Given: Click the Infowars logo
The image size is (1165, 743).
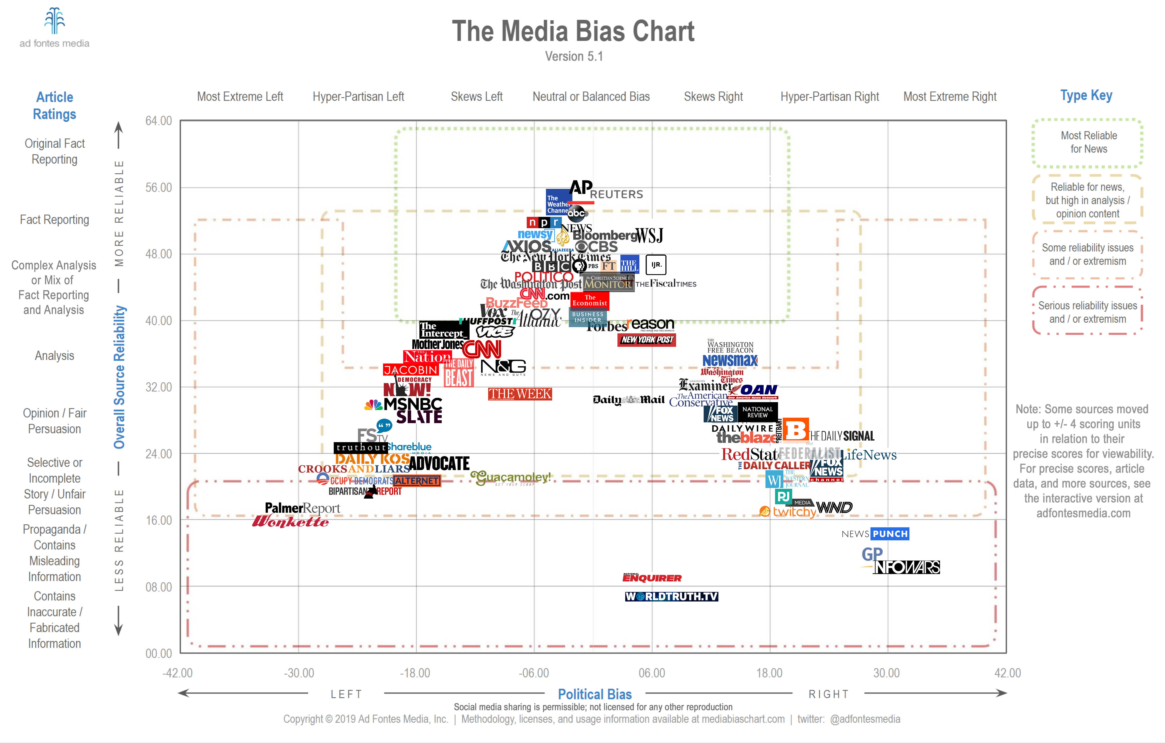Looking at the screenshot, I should [x=906, y=567].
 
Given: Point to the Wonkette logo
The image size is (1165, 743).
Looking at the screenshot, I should [x=290, y=521].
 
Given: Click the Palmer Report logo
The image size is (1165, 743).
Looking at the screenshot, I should [x=302, y=508].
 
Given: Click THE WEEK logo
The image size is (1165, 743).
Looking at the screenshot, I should [x=520, y=394].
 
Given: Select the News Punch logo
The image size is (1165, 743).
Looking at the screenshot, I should [x=875, y=534].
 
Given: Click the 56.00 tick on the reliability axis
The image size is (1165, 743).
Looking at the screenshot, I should [x=159, y=188].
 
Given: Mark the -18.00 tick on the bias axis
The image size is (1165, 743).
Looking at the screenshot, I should [x=415, y=673].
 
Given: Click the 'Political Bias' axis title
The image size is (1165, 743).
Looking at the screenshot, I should [x=595, y=694].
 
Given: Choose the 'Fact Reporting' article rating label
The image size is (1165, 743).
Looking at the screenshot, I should [x=54, y=220].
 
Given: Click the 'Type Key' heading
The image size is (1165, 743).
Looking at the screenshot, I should [x=1086, y=95].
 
